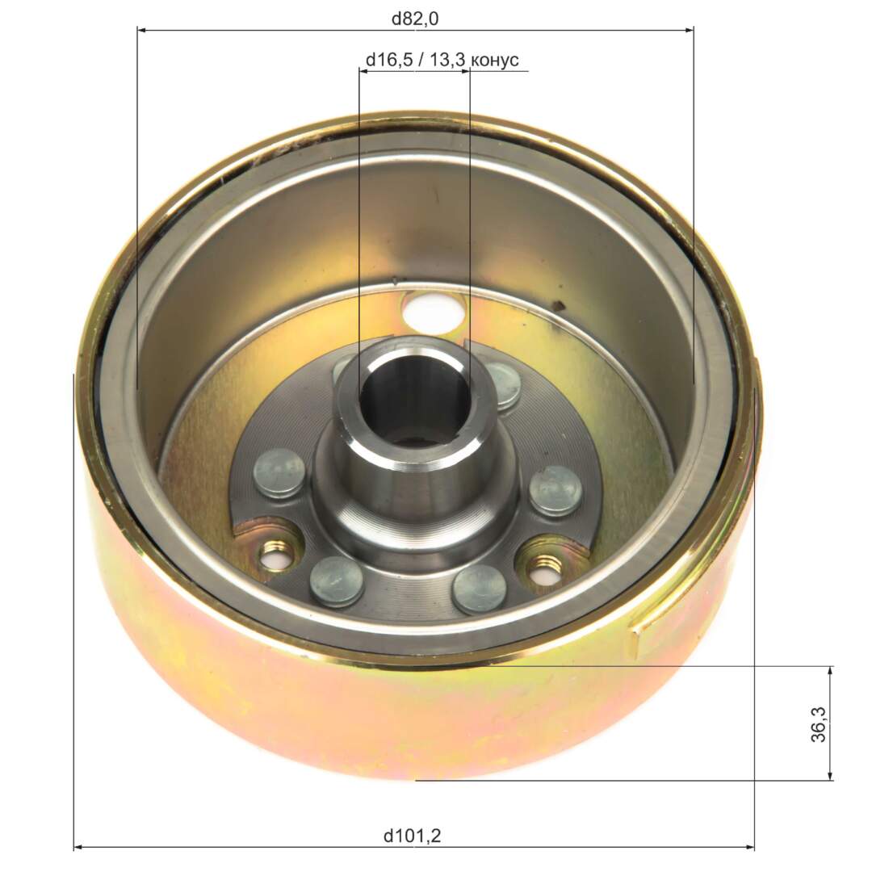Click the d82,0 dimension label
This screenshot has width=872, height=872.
pyautogui.click(x=415, y=19)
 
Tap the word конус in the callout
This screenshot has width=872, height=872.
pyautogui.click(x=494, y=60)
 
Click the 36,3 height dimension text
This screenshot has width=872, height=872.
pyautogui.click(x=819, y=724)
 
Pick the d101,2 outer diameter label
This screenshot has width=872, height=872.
pyautogui.click(x=412, y=836)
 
